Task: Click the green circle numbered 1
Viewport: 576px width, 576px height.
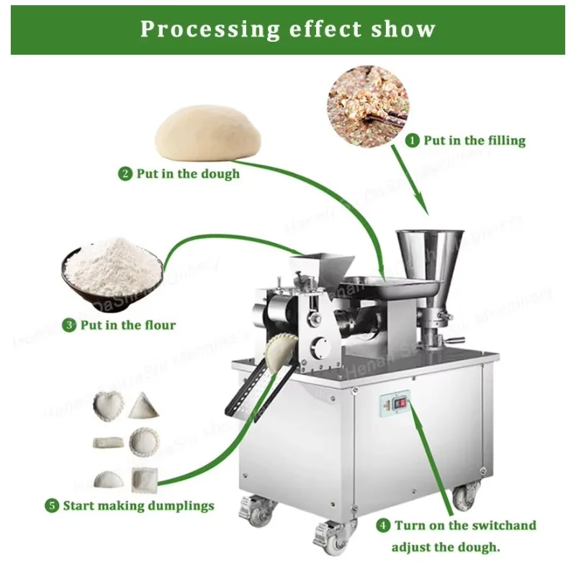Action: pyautogui.click(x=413, y=140)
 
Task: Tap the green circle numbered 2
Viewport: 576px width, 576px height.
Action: pyautogui.click(x=125, y=174)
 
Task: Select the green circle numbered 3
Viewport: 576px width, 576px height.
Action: pyautogui.click(x=70, y=325)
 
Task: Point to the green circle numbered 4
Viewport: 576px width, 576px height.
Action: pyautogui.click(x=384, y=525)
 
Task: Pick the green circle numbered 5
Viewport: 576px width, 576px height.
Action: pyautogui.click(x=52, y=505)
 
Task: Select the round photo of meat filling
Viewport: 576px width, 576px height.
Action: pyautogui.click(x=367, y=107)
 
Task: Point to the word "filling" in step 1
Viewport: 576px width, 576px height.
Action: pyautogui.click(x=505, y=140)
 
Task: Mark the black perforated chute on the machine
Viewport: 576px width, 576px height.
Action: pyautogui.click(x=248, y=389)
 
